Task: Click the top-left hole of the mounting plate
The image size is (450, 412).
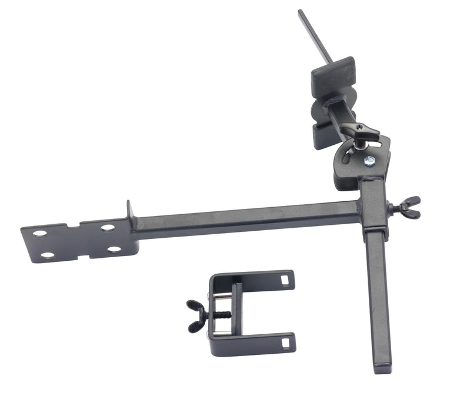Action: click(39, 234)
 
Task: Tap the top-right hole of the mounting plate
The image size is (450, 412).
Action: click(108, 227)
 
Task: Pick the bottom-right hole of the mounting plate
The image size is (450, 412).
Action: click(114, 249)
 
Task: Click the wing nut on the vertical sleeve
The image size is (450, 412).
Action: click(407, 208)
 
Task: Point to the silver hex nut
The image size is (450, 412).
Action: click(369, 161)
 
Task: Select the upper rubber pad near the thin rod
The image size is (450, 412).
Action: click(333, 74)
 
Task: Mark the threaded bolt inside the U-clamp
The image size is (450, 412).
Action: click(221, 315)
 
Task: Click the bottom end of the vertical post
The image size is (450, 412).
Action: click(382, 368)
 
